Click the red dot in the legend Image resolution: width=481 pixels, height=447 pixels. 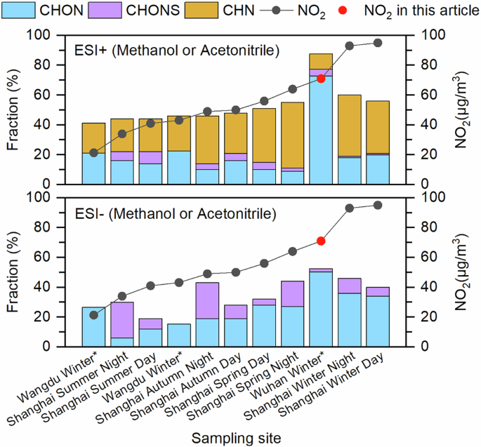point(353,11)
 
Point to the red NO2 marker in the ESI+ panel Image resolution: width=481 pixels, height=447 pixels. point(321,79)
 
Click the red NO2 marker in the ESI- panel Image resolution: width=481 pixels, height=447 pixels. point(321,241)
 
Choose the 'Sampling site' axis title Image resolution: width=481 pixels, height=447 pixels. point(237,436)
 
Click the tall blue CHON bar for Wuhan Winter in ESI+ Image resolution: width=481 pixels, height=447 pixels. point(321,130)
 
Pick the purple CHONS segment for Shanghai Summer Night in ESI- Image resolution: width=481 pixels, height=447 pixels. point(122,320)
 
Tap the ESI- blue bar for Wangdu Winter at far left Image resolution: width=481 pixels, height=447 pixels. point(93,327)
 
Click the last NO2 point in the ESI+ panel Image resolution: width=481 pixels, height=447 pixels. point(378,43)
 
